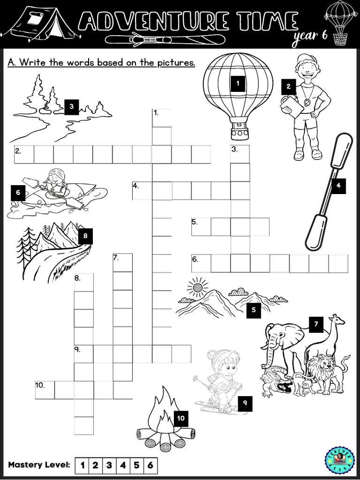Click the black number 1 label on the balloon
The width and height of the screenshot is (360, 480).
[x=238, y=84]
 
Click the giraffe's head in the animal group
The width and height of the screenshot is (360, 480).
[x=338, y=321]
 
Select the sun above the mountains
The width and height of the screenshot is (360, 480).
[x=197, y=286]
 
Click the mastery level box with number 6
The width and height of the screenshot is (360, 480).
[x=150, y=465]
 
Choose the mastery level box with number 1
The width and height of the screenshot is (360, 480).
[x=82, y=465]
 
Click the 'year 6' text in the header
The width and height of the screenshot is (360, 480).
[x=310, y=39]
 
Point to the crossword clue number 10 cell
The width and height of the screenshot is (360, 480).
[x=45, y=390]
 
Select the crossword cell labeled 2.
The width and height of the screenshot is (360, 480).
[x=24, y=154]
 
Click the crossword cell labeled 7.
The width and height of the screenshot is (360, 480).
[x=122, y=262]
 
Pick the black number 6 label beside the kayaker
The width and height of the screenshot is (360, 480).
[x=18, y=192]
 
